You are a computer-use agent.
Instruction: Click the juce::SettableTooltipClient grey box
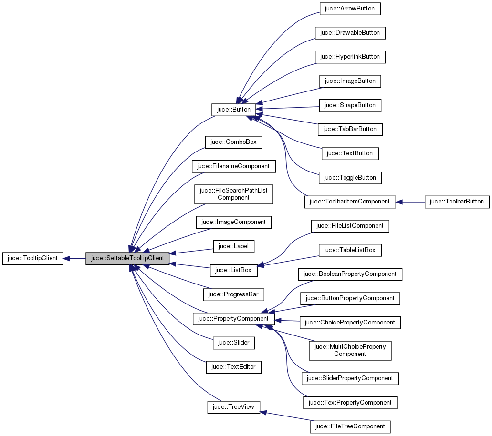click(127, 258)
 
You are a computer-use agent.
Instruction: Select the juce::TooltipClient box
click(33, 258)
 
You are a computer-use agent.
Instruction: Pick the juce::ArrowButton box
click(350, 9)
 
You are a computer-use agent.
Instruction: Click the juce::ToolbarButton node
click(457, 202)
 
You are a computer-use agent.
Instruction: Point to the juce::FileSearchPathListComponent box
click(234, 194)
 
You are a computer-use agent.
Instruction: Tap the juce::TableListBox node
click(350, 250)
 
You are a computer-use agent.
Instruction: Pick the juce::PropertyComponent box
click(234, 318)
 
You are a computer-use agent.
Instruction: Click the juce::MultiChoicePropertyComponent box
click(350, 350)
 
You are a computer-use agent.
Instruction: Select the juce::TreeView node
click(234, 407)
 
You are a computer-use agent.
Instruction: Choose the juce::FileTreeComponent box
click(350, 426)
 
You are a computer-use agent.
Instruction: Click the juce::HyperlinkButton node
click(350, 57)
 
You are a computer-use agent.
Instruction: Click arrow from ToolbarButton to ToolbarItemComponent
click(410, 202)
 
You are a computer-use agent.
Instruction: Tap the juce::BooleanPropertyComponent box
click(350, 274)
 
